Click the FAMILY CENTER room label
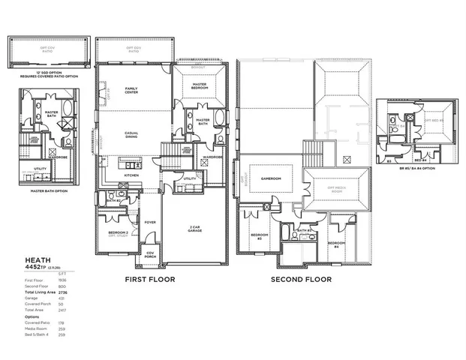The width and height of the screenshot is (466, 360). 132,91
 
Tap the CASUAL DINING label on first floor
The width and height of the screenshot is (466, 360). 131,135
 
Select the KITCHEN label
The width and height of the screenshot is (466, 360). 131,175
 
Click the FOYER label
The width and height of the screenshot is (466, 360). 150,222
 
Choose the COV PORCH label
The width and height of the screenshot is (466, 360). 150,254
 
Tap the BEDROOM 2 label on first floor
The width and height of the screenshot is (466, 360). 118,234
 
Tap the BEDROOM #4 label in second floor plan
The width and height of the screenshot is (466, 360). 335,243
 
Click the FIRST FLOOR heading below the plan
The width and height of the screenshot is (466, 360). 149,279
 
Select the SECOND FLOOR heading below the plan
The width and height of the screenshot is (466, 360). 301,279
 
